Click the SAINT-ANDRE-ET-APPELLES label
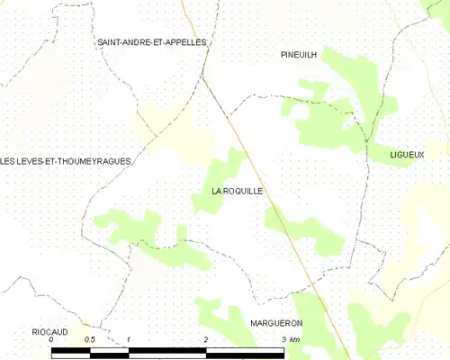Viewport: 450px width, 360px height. (x=152, y=42)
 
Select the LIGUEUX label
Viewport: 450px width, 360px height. (x=407, y=155)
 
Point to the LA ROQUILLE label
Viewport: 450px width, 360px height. (x=237, y=191)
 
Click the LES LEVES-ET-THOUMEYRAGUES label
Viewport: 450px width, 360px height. (x=66, y=161)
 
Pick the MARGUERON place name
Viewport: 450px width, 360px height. (x=276, y=322)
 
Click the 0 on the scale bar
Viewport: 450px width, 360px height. (x=51, y=339)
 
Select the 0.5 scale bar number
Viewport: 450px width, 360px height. (x=89, y=339)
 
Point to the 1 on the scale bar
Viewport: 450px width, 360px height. (x=130, y=339)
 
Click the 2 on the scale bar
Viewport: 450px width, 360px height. (x=206, y=339)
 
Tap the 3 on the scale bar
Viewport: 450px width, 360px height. (x=283, y=339)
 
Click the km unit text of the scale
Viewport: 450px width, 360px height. (x=295, y=339)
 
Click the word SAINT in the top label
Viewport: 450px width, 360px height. (x=111, y=42)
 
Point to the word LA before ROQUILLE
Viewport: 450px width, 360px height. (x=217, y=191)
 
